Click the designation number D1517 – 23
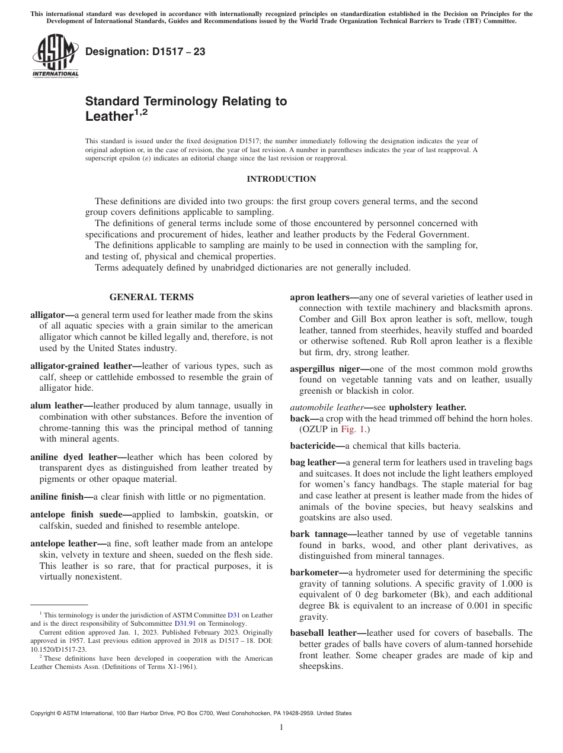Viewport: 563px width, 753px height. pos(145,52)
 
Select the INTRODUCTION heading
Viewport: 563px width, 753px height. pos(281,179)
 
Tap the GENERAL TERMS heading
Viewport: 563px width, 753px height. pos(151,297)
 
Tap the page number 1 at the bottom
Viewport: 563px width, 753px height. pos(281,728)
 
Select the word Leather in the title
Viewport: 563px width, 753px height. pos(107,117)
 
